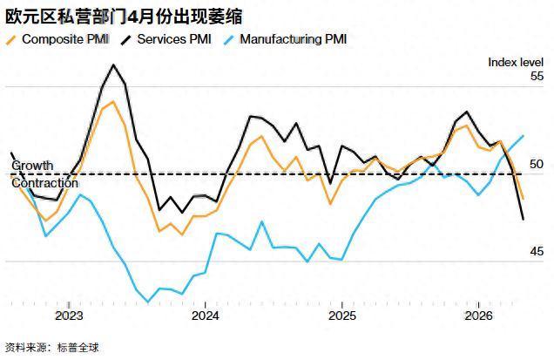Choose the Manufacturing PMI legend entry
point(293,39)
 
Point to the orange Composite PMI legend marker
point(11,39)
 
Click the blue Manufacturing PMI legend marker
point(227,39)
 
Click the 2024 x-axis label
point(205,316)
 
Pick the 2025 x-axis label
point(341,316)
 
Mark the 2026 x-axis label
point(478,316)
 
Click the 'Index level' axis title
point(515,61)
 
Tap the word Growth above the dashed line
point(32,166)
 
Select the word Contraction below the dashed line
point(39,183)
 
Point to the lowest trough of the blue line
point(148,302)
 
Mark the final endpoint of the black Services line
point(523,219)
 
